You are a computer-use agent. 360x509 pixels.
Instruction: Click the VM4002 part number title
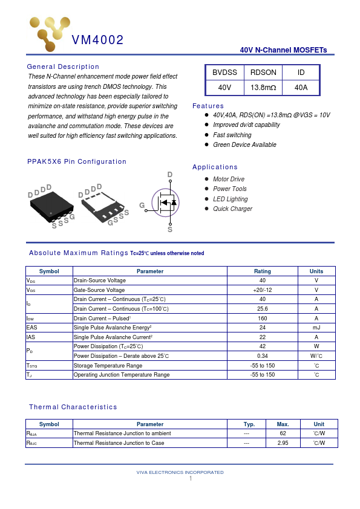(x=98, y=41)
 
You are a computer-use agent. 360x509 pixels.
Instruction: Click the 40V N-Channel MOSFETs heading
(x=283, y=50)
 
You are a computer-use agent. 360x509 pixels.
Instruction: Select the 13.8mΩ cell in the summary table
(x=263, y=88)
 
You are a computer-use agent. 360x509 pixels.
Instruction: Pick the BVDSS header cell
(x=224, y=73)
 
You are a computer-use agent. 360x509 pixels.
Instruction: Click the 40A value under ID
(x=301, y=88)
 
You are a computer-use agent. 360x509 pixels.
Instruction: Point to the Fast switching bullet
(x=232, y=135)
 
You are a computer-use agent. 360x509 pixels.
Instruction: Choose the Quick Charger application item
(x=232, y=209)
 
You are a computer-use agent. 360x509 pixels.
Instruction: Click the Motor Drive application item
(x=229, y=179)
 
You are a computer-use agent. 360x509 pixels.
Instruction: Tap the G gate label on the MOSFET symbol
(x=142, y=206)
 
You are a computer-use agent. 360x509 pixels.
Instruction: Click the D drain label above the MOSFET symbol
(x=170, y=175)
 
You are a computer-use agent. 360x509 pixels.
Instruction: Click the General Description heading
(x=63, y=66)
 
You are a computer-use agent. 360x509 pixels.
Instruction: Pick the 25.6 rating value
(x=262, y=309)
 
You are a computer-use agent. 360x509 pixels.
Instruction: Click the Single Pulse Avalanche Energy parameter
(x=113, y=328)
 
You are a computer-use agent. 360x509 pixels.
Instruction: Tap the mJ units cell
(x=316, y=328)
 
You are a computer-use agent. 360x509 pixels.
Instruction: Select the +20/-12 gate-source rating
(x=262, y=290)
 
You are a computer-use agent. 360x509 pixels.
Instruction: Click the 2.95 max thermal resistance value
(x=283, y=443)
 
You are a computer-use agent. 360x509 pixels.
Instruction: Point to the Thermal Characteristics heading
(x=73, y=407)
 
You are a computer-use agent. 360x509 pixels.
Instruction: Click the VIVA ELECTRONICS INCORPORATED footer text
(x=180, y=472)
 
